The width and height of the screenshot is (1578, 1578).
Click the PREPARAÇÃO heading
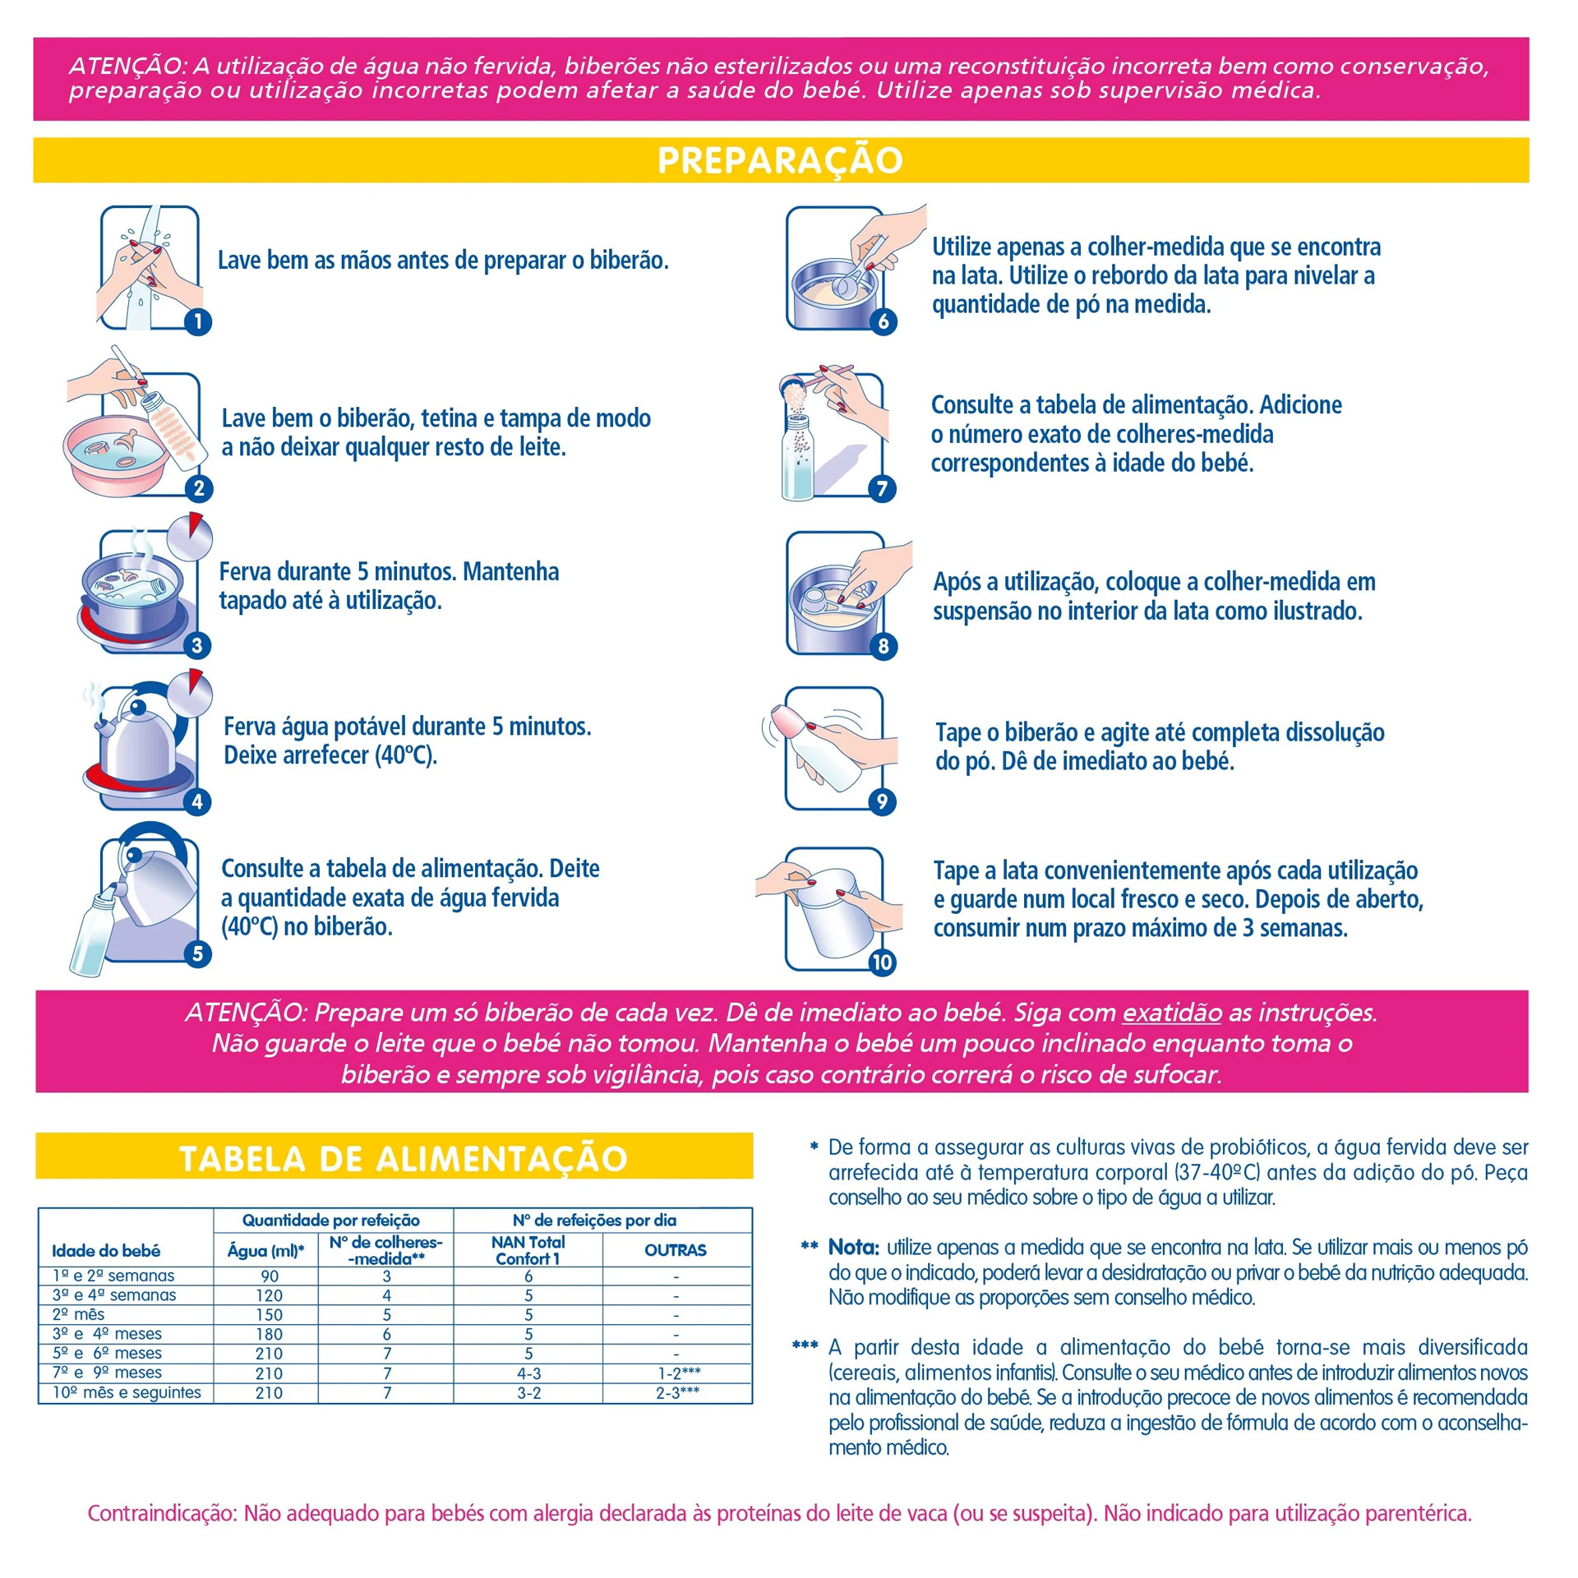780,160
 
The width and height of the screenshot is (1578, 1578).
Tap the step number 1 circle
198,321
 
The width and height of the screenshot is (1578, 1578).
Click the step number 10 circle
882,962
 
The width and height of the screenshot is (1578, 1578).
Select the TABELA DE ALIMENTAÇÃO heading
403,1159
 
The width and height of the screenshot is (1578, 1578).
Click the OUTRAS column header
676,1250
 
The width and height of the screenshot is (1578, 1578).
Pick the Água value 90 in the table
270,1276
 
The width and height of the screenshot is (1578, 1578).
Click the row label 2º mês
78,1315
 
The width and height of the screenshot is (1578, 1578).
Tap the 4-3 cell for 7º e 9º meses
528,1373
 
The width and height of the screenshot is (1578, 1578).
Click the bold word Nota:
853,1248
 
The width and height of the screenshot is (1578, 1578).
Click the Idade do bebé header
106,1251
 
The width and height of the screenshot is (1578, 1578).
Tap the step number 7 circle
882,489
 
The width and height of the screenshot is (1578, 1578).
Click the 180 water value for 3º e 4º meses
269,1335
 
